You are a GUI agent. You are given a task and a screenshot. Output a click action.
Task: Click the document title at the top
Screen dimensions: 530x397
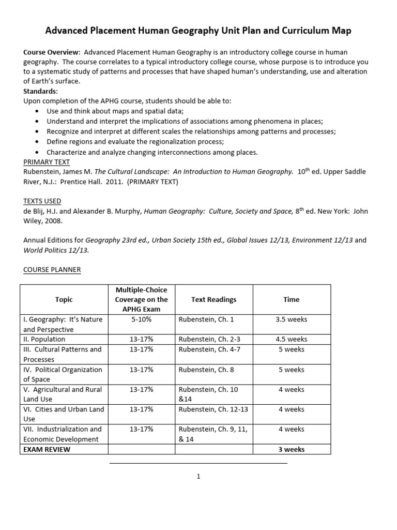pyautogui.click(x=198, y=31)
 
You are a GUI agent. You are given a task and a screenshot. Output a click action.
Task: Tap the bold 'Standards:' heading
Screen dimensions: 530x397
pyautogui.click(x=41, y=91)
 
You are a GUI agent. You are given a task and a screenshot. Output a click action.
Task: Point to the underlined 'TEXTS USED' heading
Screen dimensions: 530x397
pyautogui.click(x=42, y=201)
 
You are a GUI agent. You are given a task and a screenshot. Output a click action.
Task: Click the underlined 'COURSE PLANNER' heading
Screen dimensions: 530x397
pyautogui.click(x=52, y=269)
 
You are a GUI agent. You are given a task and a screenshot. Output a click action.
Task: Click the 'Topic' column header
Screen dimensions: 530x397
pyautogui.click(x=64, y=300)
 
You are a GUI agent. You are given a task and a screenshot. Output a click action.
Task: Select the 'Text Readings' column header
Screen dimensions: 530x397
pyautogui.click(x=213, y=300)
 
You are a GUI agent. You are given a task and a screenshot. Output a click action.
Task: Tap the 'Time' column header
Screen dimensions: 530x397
pyautogui.click(x=292, y=300)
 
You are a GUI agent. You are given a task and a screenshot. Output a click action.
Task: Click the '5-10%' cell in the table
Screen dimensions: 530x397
pyautogui.click(x=141, y=319)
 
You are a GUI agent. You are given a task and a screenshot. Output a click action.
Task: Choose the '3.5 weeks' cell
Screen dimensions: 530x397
pyautogui.click(x=292, y=319)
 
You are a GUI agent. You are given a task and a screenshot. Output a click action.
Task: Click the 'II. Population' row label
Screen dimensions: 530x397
pyautogui.click(x=44, y=339)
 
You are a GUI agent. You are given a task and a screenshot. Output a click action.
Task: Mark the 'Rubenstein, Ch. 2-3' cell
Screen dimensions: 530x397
pyautogui.click(x=209, y=339)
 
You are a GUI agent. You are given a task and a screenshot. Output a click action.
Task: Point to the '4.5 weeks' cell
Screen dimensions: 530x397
pyautogui.click(x=292, y=339)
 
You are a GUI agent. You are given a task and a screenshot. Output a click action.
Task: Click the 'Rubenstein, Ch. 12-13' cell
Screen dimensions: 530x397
pyautogui.click(x=213, y=409)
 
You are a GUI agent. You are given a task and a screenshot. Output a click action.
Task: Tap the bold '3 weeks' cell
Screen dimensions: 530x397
pyautogui.click(x=292, y=449)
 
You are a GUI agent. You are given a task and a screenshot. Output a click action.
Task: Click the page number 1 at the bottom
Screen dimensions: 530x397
pyautogui.click(x=198, y=477)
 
